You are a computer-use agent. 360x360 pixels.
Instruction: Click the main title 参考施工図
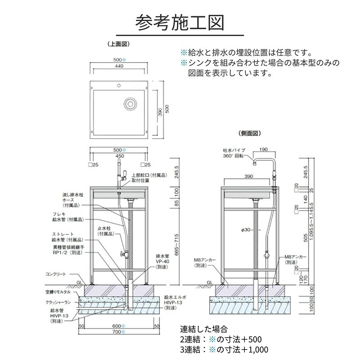click(180, 21)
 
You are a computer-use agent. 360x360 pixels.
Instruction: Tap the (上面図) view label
click(119, 44)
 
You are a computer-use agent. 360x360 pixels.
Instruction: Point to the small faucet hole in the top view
click(119, 85)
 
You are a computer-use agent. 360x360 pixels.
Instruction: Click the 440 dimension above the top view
click(119, 66)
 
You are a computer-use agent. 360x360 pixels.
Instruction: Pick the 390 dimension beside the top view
click(159, 112)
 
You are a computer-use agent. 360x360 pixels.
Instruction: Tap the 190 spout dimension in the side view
click(263, 149)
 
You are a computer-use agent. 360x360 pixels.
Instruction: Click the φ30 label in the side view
click(246, 230)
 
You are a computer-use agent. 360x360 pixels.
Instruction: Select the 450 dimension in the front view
click(119, 157)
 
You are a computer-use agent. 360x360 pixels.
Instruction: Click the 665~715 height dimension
click(177, 244)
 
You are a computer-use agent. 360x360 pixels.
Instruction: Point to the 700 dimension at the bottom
click(119, 332)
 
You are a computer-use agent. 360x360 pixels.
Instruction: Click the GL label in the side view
click(209, 283)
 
